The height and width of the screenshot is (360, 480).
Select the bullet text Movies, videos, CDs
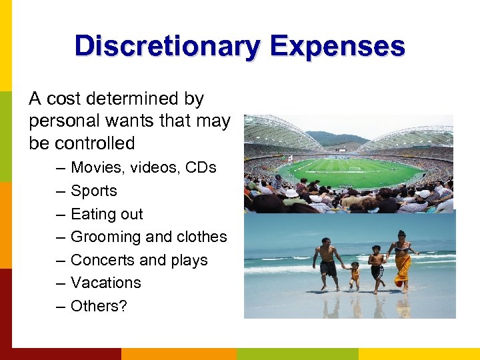click(143, 167)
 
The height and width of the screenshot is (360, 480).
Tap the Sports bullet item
click(93, 191)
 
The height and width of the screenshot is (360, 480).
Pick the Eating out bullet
click(107, 214)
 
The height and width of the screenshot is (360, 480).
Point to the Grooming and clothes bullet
click(149, 237)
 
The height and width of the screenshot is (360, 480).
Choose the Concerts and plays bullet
click(139, 260)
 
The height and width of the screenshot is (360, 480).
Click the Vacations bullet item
click(105, 283)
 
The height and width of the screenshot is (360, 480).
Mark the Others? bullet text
click(99, 306)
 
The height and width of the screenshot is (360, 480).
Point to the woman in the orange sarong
click(403, 259)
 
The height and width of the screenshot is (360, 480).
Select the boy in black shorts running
click(377, 267)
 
